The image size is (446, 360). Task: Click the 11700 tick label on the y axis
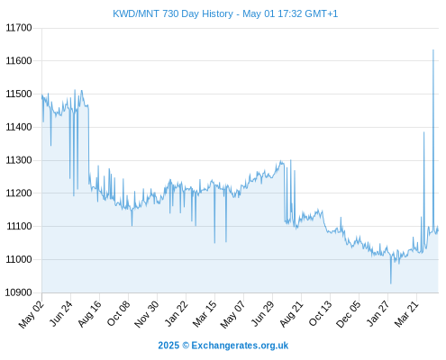[x=19, y=28]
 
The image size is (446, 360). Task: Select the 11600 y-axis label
[x=19, y=61]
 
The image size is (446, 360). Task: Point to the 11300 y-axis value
[x=19, y=160]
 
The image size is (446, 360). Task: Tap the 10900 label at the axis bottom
[x=18, y=292]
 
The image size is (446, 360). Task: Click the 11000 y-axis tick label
[x=19, y=259]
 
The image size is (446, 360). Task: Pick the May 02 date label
[x=32, y=314]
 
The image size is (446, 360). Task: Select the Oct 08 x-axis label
[x=118, y=313]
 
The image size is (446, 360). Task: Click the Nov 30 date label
[x=146, y=314]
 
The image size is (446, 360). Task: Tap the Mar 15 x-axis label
[x=205, y=314]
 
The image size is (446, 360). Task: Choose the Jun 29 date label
[x=262, y=313]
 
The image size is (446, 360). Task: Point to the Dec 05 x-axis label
[x=349, y=314]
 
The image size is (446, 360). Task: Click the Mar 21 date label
[x=406, y=314]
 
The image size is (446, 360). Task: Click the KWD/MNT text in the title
[x=136, y=13]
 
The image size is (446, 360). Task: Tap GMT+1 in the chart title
[x=322, y=13]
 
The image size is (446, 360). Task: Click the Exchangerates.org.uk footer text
[x=240, y=346]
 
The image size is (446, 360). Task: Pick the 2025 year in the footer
[x=168, y=346]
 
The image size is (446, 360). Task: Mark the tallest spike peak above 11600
[x=433, y=50]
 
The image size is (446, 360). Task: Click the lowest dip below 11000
[x=391, y=283]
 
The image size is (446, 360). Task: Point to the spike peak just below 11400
[x=424, y=132]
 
